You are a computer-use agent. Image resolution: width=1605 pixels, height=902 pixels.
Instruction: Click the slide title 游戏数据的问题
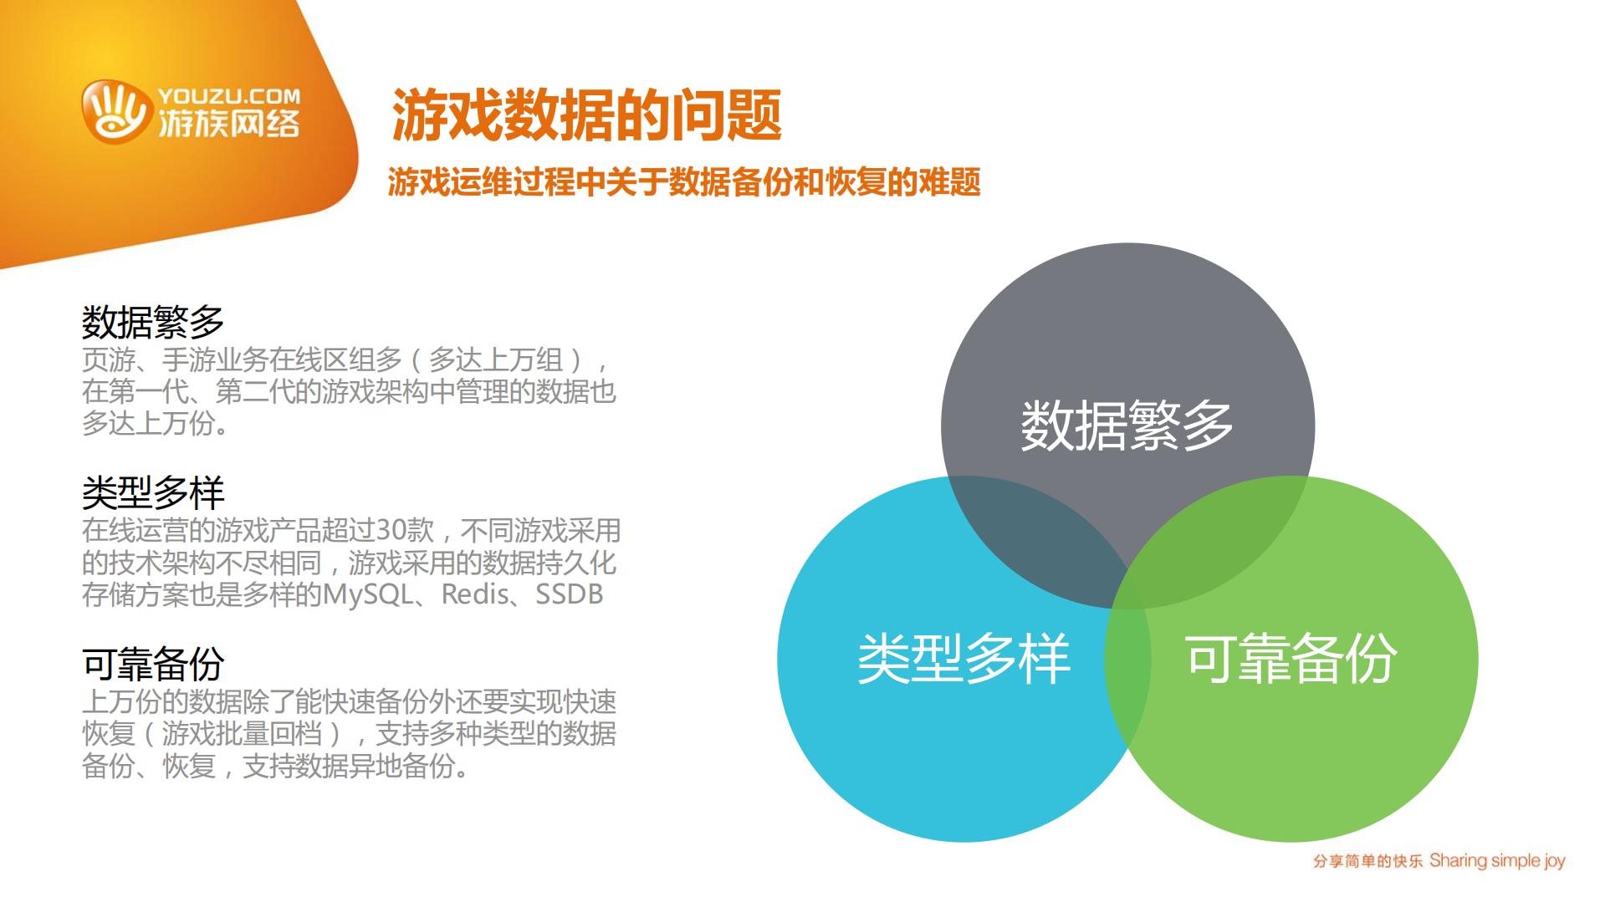586,115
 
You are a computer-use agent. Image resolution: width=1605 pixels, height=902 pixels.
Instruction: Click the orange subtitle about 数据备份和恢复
683,182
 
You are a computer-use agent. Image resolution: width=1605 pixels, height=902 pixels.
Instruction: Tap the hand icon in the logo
115,112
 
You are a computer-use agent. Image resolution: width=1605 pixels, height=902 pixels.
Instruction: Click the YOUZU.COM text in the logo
228,96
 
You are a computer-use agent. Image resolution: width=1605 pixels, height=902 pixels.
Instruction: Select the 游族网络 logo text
228,125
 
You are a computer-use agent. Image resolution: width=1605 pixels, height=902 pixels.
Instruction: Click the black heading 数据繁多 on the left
153,322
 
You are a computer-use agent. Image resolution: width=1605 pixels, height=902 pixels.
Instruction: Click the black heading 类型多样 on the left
153,492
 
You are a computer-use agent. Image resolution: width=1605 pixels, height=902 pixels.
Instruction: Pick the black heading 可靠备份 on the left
153,664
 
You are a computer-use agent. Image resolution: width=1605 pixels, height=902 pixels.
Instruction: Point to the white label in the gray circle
1127,426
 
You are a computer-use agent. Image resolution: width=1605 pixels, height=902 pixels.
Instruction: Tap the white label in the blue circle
964,659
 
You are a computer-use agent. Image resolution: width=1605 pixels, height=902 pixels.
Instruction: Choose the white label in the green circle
1291,659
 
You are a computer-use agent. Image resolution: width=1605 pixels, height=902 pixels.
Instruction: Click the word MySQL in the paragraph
368,594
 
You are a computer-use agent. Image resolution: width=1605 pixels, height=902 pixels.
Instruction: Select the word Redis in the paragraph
474,594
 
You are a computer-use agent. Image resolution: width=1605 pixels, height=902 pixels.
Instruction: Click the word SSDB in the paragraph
569,594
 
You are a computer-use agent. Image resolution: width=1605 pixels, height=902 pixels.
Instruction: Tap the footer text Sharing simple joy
1497,860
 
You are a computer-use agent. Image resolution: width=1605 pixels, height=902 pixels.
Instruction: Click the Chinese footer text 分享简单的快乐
1367,861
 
